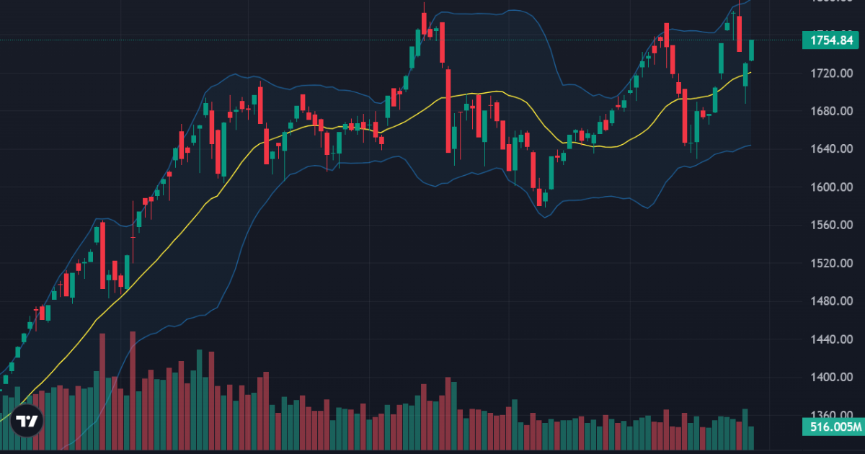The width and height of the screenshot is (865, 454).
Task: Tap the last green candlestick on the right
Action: [752, 50]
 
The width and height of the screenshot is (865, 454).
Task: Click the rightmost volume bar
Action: [752, 437]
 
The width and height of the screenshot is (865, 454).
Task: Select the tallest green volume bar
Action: [200, 400]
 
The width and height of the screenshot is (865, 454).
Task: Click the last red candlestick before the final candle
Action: [739, 35]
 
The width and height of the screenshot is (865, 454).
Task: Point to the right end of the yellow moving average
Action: [750, 72]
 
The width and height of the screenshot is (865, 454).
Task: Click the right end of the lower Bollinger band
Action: [750, 146]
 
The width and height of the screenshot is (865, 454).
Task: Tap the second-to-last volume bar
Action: [745, 429]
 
